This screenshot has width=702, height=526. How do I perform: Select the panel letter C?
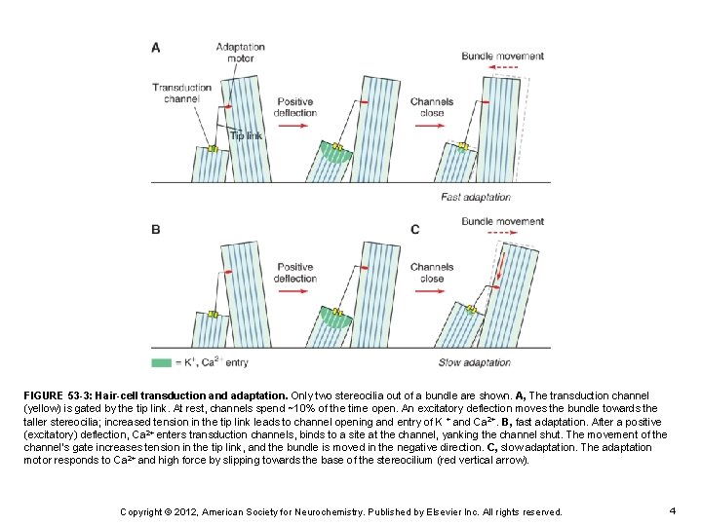pyautogui.click(x=415, y=230)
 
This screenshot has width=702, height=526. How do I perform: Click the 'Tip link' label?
pyautogui.click(x=246, y=135)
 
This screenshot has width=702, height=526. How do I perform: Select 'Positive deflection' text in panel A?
pyautogui.click(x=294, y=107)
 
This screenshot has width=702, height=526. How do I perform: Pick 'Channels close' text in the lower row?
pyautogui.click(x=432, y=272)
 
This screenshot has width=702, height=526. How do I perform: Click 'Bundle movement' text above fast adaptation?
pyautogui.click(x=502, y=56)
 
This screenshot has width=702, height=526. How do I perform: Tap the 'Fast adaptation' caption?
pyautogui.click(x=477, y=197)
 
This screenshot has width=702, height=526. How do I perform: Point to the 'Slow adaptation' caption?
pyautogui.click(x=476, y=362)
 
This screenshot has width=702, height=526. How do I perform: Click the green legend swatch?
pyautogui.click(x=162, y=362)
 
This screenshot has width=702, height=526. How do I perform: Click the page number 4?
pyautogui.click(x=673, y=510)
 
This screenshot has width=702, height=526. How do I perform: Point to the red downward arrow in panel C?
pyautogui.click(x=496, y=266)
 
